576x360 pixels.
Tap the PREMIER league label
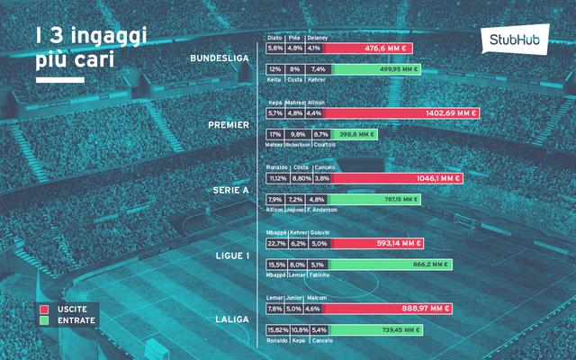[229, 124]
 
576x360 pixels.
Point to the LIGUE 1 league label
[232, 255]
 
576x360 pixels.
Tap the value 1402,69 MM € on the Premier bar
[451, 113]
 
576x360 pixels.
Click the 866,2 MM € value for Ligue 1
[427, 265]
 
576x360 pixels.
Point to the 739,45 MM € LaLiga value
[397, 330]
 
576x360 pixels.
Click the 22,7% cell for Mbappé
[276, 243]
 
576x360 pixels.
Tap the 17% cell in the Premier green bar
[274, 134]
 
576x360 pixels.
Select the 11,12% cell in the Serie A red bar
[277, 178]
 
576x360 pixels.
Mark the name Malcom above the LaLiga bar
[316, 298]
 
